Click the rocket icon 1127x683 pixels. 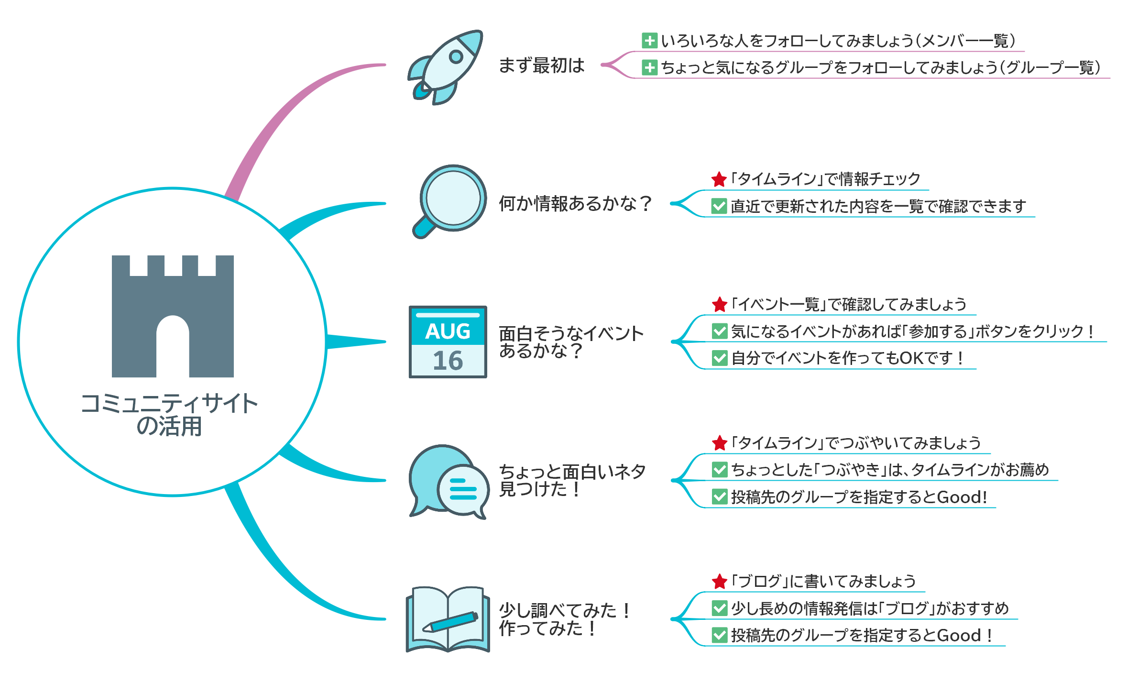445,67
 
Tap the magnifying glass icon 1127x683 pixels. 449,201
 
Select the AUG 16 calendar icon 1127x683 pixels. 448,342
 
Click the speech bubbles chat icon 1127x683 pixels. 449,482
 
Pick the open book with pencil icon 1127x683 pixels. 448,619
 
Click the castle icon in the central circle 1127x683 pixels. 173,316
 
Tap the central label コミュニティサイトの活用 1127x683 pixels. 169,415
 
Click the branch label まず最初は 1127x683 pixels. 541,66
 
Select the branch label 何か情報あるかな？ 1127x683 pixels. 575,203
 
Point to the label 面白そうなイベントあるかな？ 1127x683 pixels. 571,342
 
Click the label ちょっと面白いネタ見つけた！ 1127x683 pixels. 572,480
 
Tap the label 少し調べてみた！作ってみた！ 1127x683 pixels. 565,619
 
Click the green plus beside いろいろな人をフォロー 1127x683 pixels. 649,41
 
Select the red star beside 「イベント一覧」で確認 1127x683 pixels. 719,304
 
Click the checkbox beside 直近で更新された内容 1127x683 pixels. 719,206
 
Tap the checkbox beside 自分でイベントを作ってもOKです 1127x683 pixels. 720,358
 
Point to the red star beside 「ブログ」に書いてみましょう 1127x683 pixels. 719,582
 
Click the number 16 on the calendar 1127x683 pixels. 448,361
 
